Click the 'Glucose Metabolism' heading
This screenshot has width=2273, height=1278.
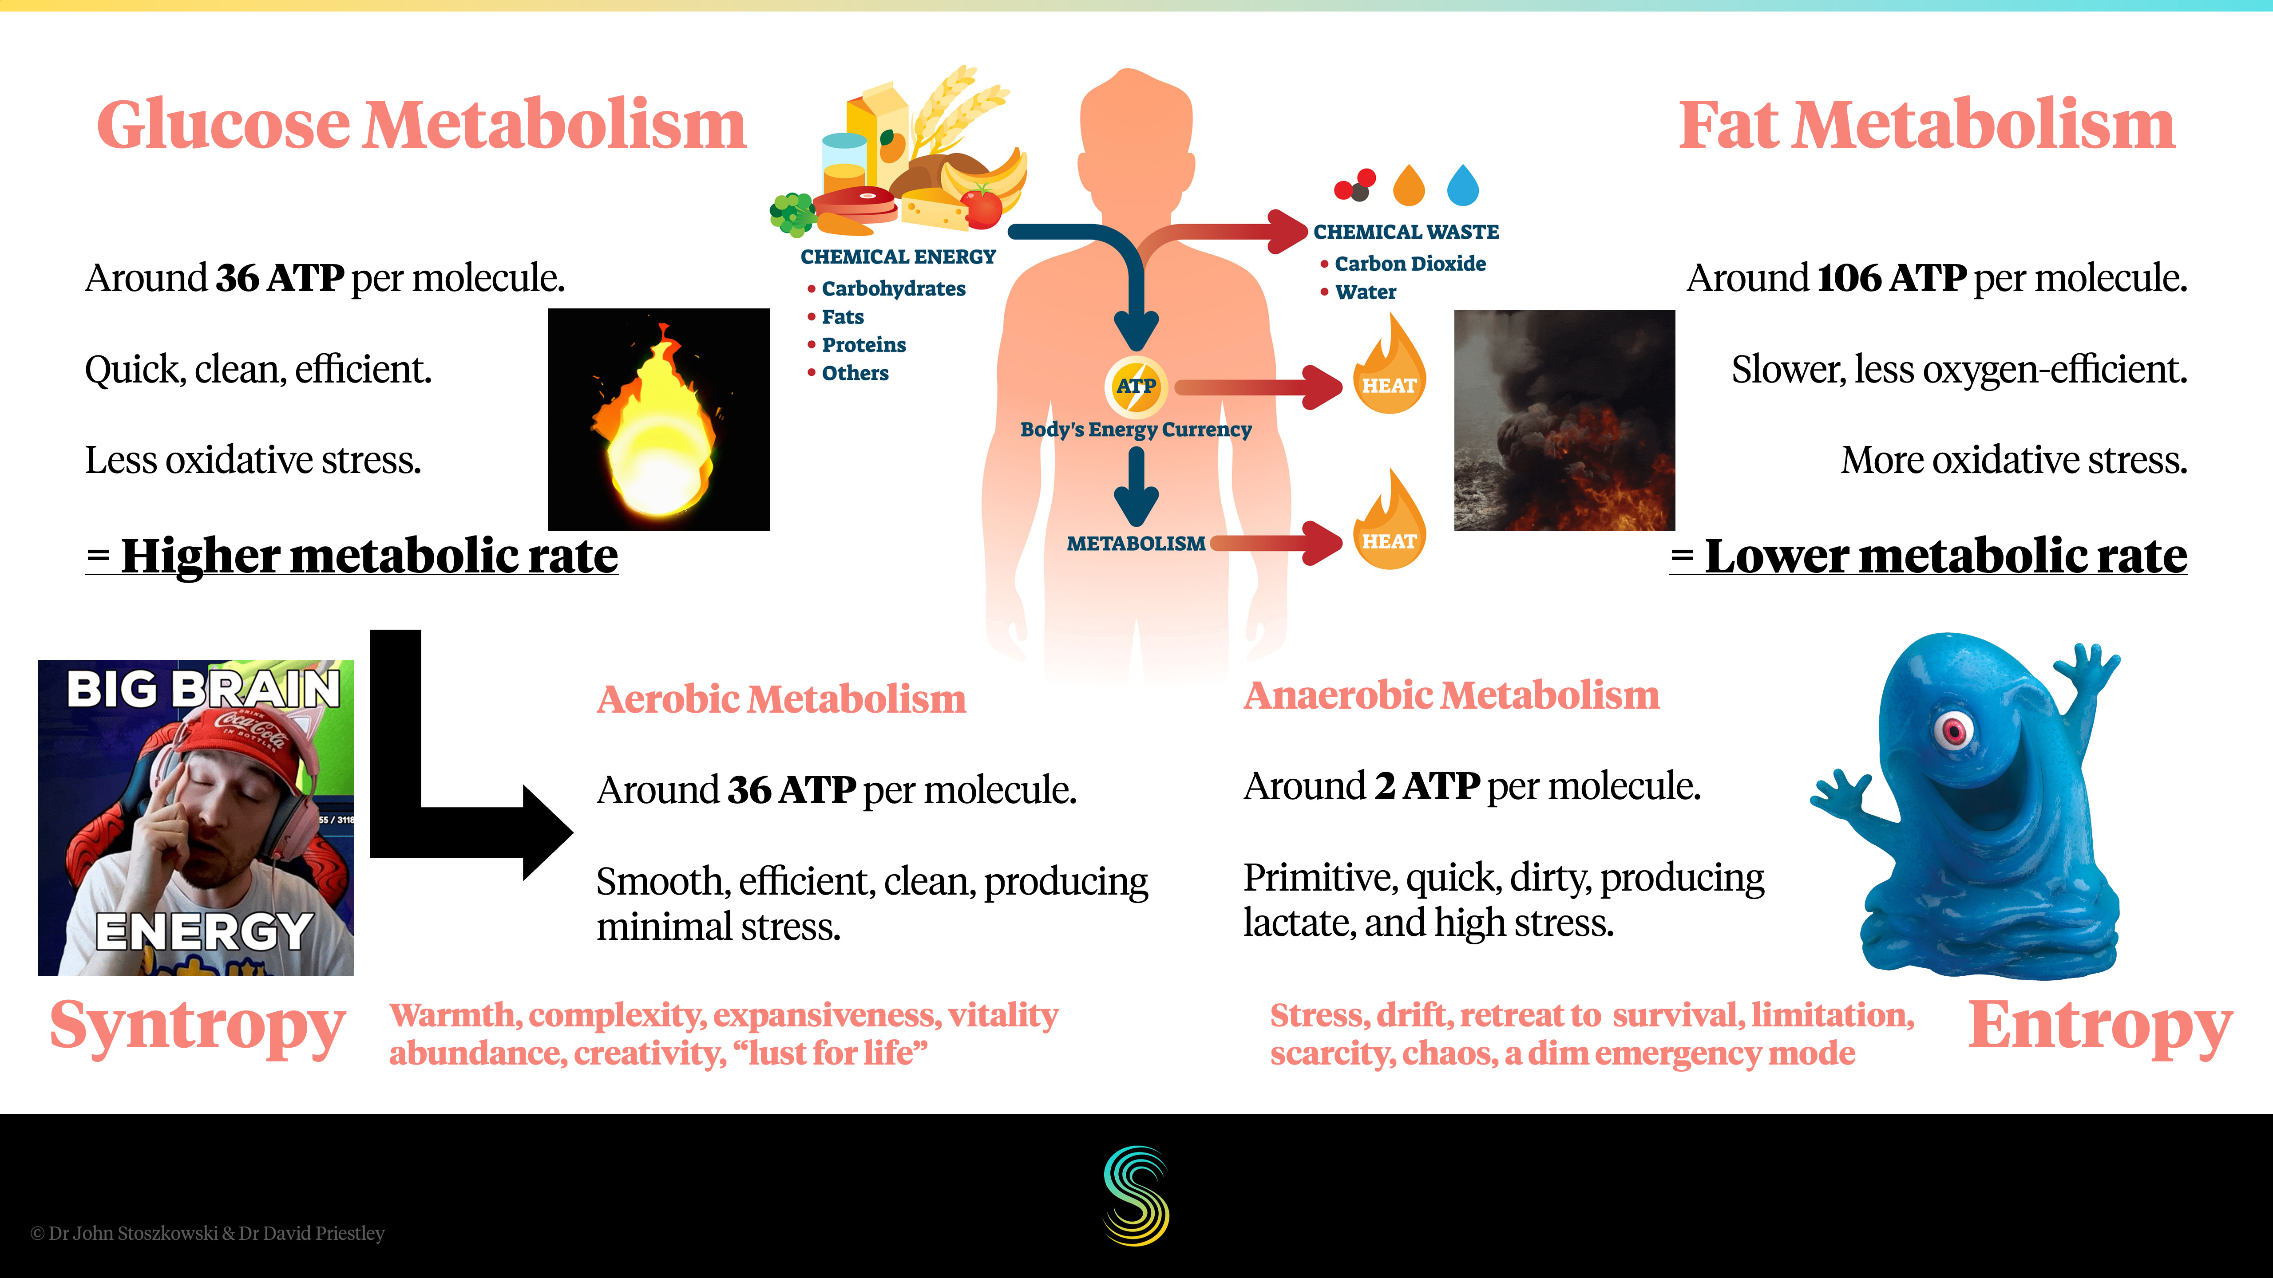[x=422, y=125]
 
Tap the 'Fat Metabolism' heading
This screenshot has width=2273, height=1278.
[x=1926, y=125]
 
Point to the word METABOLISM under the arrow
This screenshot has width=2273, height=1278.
[x=1136, y=543]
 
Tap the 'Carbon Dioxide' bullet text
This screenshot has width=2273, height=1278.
[x=1409, y=264]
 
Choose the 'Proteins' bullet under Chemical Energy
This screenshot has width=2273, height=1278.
[x=863, y=345]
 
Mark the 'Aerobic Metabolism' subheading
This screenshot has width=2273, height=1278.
[x=781, y=699]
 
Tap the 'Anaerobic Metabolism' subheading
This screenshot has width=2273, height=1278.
[x=1452, y=696]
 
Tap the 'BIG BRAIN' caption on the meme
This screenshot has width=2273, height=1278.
[x=203, y=689]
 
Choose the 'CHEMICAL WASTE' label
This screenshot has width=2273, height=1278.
[x=1406, y=232]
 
